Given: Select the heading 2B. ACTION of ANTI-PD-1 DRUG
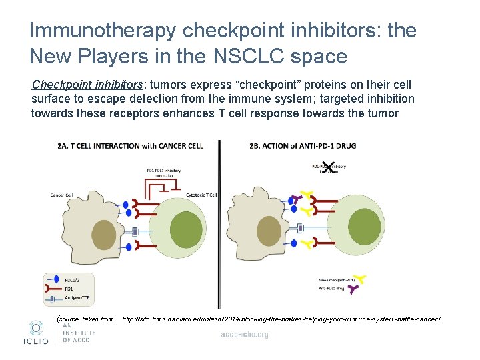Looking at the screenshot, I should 303,146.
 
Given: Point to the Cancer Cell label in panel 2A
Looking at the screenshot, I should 61,195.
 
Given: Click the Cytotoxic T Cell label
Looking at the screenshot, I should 202,195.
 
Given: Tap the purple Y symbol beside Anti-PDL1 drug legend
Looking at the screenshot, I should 355,289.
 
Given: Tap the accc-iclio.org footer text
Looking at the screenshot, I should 245,334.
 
